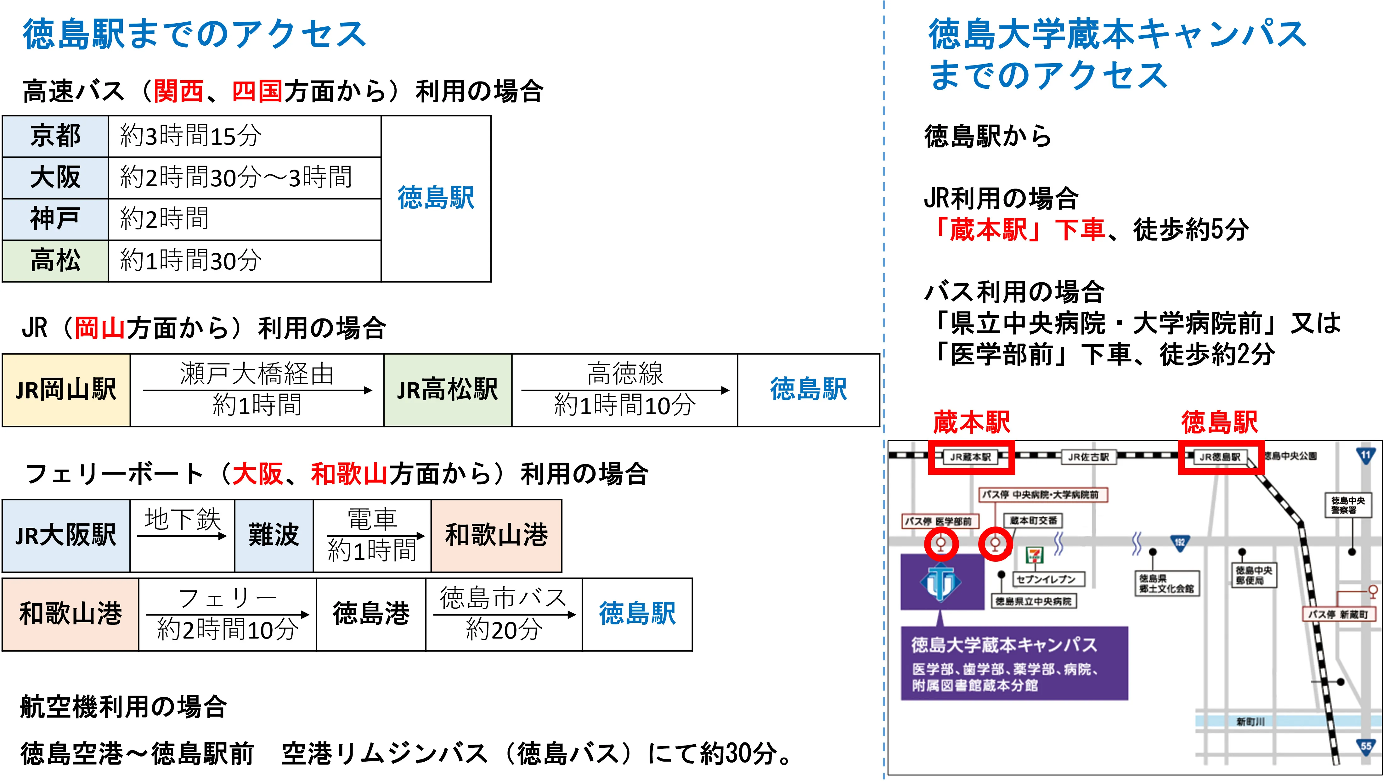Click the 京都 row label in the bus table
[55, 136]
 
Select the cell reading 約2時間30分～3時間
[237, 177]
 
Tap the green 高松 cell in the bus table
[55, 261]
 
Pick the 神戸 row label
[55, 219]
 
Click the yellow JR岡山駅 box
[66, 390]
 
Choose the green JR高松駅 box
[447, 390]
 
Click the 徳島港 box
[371, 614]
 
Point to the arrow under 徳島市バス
[504, 614]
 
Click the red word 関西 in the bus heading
[178, 91]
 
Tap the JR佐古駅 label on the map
[1088, 457]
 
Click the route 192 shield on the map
[1179, 542]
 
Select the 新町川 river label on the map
[1250, 722]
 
